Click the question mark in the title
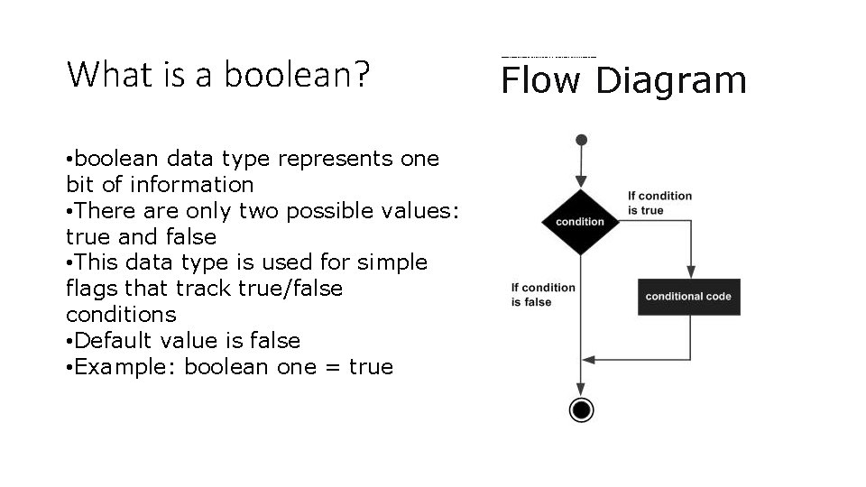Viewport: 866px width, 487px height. (363, 74)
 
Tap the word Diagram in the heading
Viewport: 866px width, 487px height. (671, 82)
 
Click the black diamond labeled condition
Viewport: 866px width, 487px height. (581, 221)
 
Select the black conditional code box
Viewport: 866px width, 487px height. (689, 297)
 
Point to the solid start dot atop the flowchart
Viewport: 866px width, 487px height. (582, 140)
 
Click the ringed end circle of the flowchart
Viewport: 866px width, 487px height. (582, 410)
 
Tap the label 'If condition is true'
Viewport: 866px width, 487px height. (659, 203)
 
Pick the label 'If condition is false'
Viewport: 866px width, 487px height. (542, 295)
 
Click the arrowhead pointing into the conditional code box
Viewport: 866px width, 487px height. (691, 271)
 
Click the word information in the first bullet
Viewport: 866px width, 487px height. (192, 185)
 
